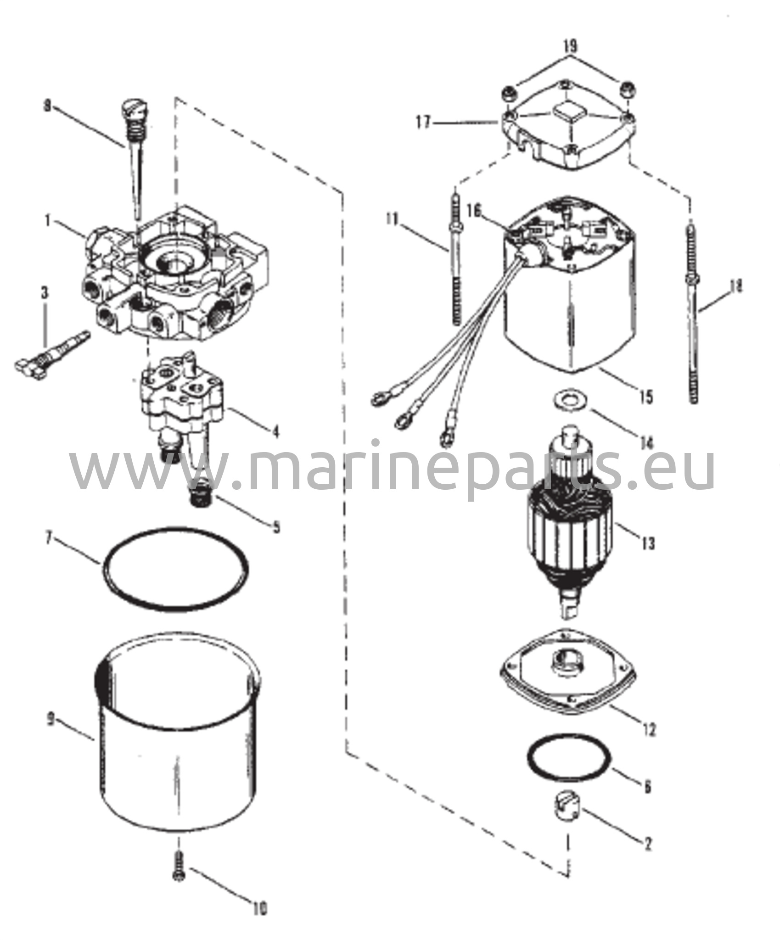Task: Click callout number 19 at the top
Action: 570,46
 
